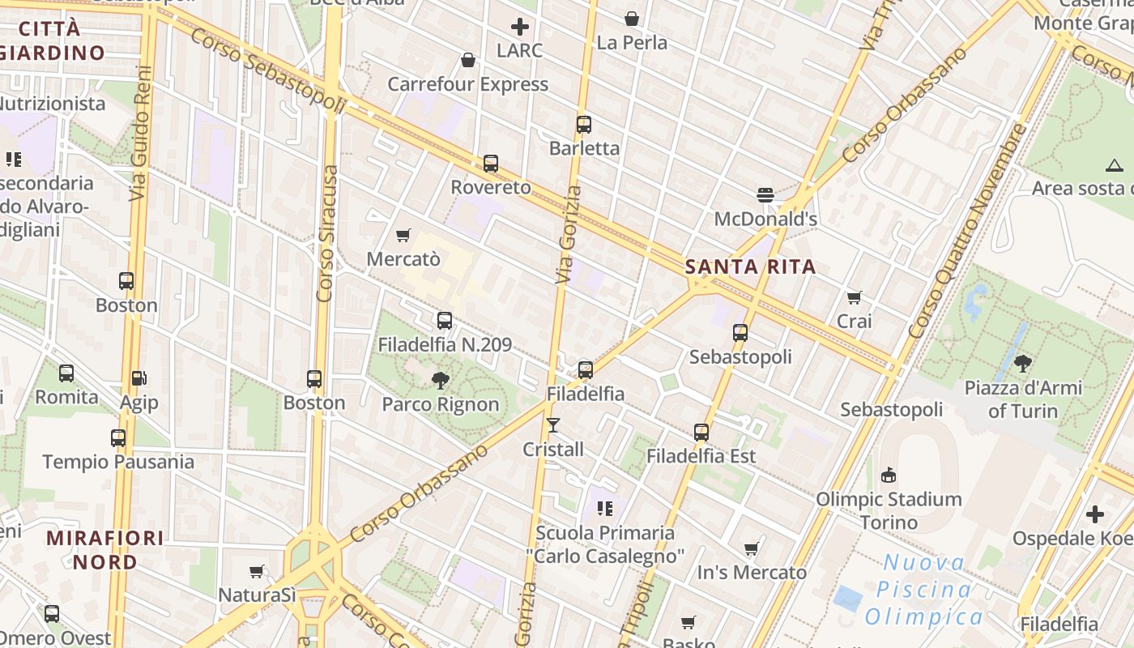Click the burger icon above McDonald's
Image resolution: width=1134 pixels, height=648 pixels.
765,194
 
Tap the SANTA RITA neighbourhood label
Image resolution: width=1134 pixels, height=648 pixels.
750,266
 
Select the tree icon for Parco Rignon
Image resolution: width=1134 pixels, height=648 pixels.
441,379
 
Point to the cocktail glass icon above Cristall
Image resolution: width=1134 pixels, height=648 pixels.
553,425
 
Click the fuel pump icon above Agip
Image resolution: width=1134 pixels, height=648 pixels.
139,378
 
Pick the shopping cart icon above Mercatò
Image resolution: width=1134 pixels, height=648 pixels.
403,236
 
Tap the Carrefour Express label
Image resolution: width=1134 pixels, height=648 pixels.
467,84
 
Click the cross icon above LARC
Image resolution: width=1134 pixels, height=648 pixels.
520,27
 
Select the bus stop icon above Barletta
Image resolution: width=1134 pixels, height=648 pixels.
584,125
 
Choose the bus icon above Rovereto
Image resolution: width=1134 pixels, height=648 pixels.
491,164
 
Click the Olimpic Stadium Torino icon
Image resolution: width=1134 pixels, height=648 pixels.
889,475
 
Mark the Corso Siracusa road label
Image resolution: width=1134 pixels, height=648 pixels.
327,233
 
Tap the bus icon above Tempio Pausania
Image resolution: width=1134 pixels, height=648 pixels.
118,438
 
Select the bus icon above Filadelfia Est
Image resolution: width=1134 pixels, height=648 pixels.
701,433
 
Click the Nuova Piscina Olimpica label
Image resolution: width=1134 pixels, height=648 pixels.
924,590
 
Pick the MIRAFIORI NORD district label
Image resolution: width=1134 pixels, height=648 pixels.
104,549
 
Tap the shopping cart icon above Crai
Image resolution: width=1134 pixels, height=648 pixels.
854,297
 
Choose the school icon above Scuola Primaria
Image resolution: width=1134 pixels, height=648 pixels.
604,509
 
